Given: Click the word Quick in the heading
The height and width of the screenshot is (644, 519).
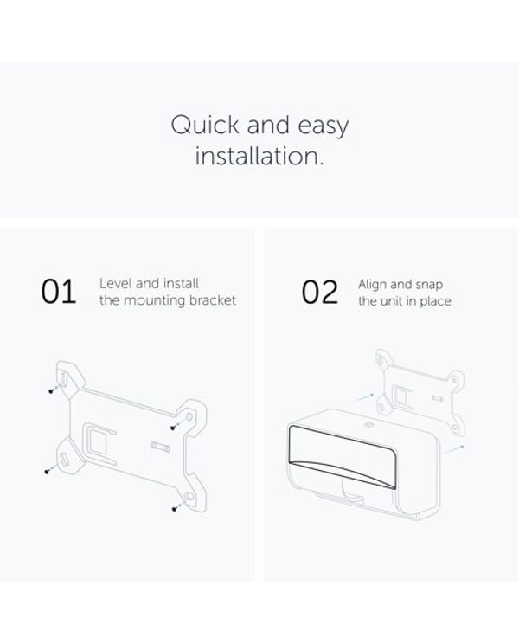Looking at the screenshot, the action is [x=205, y=125].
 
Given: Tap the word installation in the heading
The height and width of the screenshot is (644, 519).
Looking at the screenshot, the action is [x=259, y=156].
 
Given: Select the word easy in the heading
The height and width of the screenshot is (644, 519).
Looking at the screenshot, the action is [x=324, y=127].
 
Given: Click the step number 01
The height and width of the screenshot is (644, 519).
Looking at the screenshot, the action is [x=59, y=292].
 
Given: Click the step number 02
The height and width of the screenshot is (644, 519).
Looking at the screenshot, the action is [x=320, y=292].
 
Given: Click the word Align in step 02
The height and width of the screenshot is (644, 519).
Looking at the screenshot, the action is [x=372, y=285].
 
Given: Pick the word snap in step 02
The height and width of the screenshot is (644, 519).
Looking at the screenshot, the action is [x=429, y=286].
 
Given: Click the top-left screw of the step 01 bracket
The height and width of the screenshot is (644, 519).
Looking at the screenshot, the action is [x=51, y=391].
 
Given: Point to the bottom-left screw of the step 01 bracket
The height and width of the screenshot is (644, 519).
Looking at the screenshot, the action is [x=48, y=471].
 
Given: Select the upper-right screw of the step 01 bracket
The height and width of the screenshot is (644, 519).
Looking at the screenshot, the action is [x=173, y=428].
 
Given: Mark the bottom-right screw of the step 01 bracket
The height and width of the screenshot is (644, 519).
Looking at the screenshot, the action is [x=175, y=509].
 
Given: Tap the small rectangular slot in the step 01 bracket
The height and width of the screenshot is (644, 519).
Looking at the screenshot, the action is [x=160, y=446].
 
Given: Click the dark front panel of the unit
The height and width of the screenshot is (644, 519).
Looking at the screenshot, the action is [x=343, y=452].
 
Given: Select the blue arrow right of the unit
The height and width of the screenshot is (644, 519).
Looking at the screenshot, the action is [x=454, y=449].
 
